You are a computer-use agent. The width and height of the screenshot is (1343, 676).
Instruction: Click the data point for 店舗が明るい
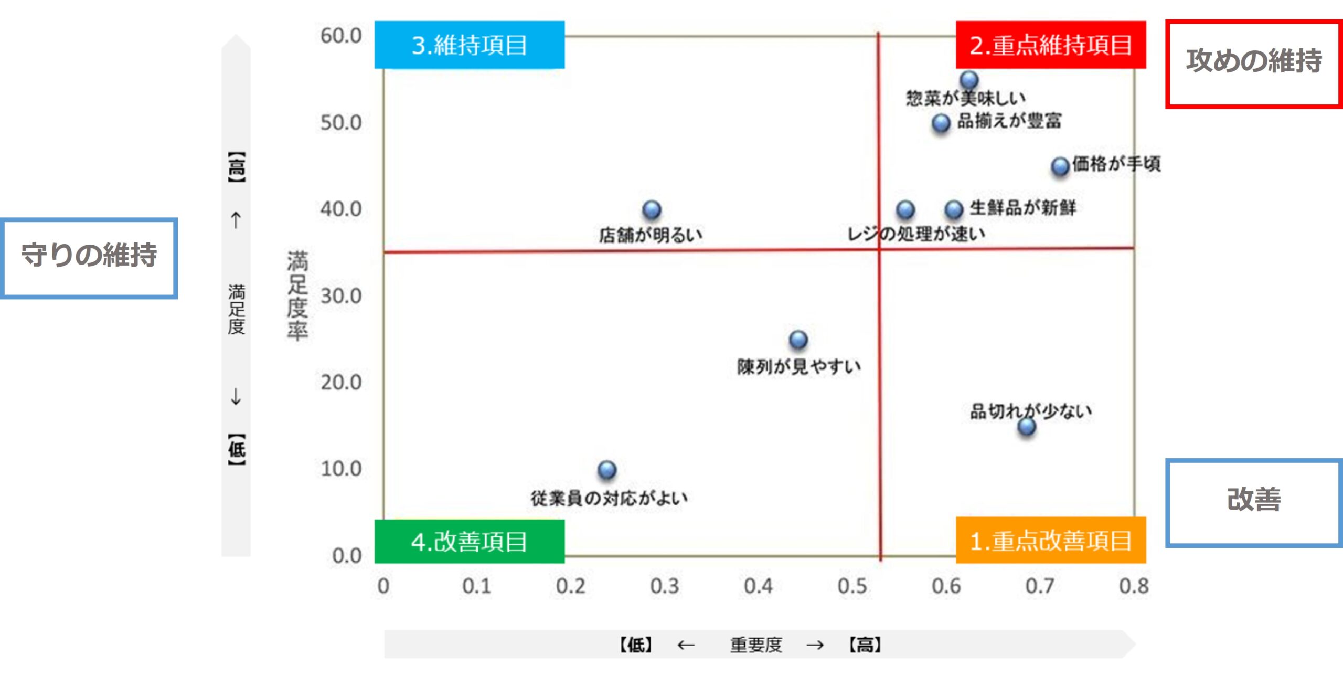652,210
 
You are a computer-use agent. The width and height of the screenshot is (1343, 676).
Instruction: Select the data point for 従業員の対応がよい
607,470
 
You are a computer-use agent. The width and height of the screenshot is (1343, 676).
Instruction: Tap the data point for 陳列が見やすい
798,340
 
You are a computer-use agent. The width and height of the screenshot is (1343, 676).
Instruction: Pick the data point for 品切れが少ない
1027,426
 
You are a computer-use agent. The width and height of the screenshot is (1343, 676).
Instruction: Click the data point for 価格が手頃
1060,167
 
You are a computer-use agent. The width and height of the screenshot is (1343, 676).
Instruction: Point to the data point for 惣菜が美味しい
969,80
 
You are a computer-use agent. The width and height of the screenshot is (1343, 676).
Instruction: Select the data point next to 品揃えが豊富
941,123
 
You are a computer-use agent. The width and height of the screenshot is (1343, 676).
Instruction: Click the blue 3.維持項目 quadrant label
470,45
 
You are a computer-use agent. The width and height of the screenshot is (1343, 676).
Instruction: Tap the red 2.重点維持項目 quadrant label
1050,45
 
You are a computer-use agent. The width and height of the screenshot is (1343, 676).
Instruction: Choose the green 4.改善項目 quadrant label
470,542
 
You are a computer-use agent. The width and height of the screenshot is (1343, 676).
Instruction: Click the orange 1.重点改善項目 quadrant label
1050,541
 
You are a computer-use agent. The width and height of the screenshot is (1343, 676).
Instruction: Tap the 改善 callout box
1254,502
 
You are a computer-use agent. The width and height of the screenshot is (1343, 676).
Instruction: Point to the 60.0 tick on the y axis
341,36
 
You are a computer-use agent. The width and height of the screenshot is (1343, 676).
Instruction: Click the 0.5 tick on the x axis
852,586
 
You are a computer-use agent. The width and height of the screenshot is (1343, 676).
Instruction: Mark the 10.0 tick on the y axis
341,469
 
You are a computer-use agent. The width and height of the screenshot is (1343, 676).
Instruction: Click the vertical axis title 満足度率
297,296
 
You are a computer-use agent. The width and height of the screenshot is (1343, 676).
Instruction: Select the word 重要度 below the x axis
756,645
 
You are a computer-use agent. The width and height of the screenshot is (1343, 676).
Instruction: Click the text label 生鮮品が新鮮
1022,208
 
